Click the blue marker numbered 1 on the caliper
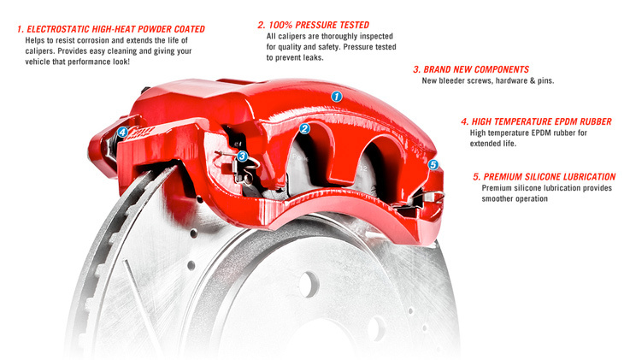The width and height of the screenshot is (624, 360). [337, 97]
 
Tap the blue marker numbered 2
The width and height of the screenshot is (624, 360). [304, 128]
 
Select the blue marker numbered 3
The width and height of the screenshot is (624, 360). [242, 156]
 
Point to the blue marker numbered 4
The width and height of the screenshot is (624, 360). [122, 132]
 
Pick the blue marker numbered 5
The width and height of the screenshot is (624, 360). [433, 164]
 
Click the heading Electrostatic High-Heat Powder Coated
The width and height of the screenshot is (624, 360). [111, 29]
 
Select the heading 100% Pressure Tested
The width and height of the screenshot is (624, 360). [314, 25]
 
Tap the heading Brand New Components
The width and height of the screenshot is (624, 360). [471, 69]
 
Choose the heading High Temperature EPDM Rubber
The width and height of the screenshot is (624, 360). [537, 121]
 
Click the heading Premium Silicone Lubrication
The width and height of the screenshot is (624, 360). [545, 176]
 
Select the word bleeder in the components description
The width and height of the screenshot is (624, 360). [450, 81]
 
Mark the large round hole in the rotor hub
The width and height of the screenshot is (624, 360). [309, 285]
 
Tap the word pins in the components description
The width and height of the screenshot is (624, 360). [545, 81]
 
